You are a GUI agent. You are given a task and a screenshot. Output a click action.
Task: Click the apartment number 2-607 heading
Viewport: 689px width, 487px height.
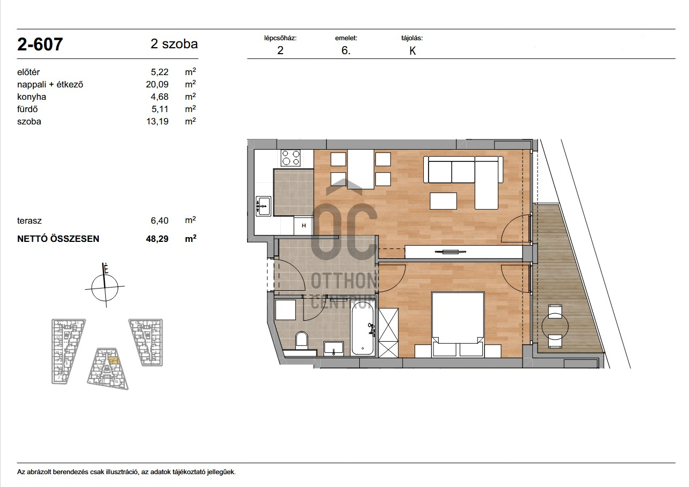point(40,44)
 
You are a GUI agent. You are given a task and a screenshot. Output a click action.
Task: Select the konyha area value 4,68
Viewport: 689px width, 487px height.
point(159,97)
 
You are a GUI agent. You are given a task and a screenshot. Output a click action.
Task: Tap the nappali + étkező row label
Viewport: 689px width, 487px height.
point(50,85)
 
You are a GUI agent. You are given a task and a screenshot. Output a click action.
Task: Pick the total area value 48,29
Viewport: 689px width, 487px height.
point(157,239)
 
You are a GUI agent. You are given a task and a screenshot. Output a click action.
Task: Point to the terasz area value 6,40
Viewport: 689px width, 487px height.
point(159,220)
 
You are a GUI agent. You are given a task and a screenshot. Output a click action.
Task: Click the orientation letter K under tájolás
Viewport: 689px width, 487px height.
point(412,51)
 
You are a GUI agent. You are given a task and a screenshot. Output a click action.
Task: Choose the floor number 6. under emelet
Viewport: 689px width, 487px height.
point(346,50)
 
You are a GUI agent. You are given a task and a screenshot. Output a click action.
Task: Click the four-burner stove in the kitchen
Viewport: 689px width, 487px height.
point(291,158)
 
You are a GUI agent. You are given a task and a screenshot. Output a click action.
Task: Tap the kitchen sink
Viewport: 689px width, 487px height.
point(263,206)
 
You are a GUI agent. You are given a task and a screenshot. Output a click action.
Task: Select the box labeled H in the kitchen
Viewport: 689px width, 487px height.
point(303,225)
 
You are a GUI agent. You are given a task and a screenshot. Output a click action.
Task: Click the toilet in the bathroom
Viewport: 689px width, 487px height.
point(301,340)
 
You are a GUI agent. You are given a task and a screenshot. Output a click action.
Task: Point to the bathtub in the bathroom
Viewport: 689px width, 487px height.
point(363,328)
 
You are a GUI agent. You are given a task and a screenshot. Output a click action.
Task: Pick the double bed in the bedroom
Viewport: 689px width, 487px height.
point(458,324)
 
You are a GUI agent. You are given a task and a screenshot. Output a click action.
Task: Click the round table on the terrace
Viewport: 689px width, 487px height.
point(555,326)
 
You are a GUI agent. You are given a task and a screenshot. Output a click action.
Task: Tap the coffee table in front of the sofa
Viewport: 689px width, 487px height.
point(443,201)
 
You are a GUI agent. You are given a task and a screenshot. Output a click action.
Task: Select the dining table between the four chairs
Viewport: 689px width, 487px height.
point(360,169)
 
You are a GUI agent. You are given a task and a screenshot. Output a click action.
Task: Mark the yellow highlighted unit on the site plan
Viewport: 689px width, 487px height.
point(113,360)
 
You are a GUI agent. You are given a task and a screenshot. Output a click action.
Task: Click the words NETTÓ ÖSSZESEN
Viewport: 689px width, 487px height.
point(58,239)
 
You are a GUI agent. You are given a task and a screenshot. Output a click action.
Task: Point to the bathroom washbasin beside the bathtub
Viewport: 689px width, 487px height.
point(333,349)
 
